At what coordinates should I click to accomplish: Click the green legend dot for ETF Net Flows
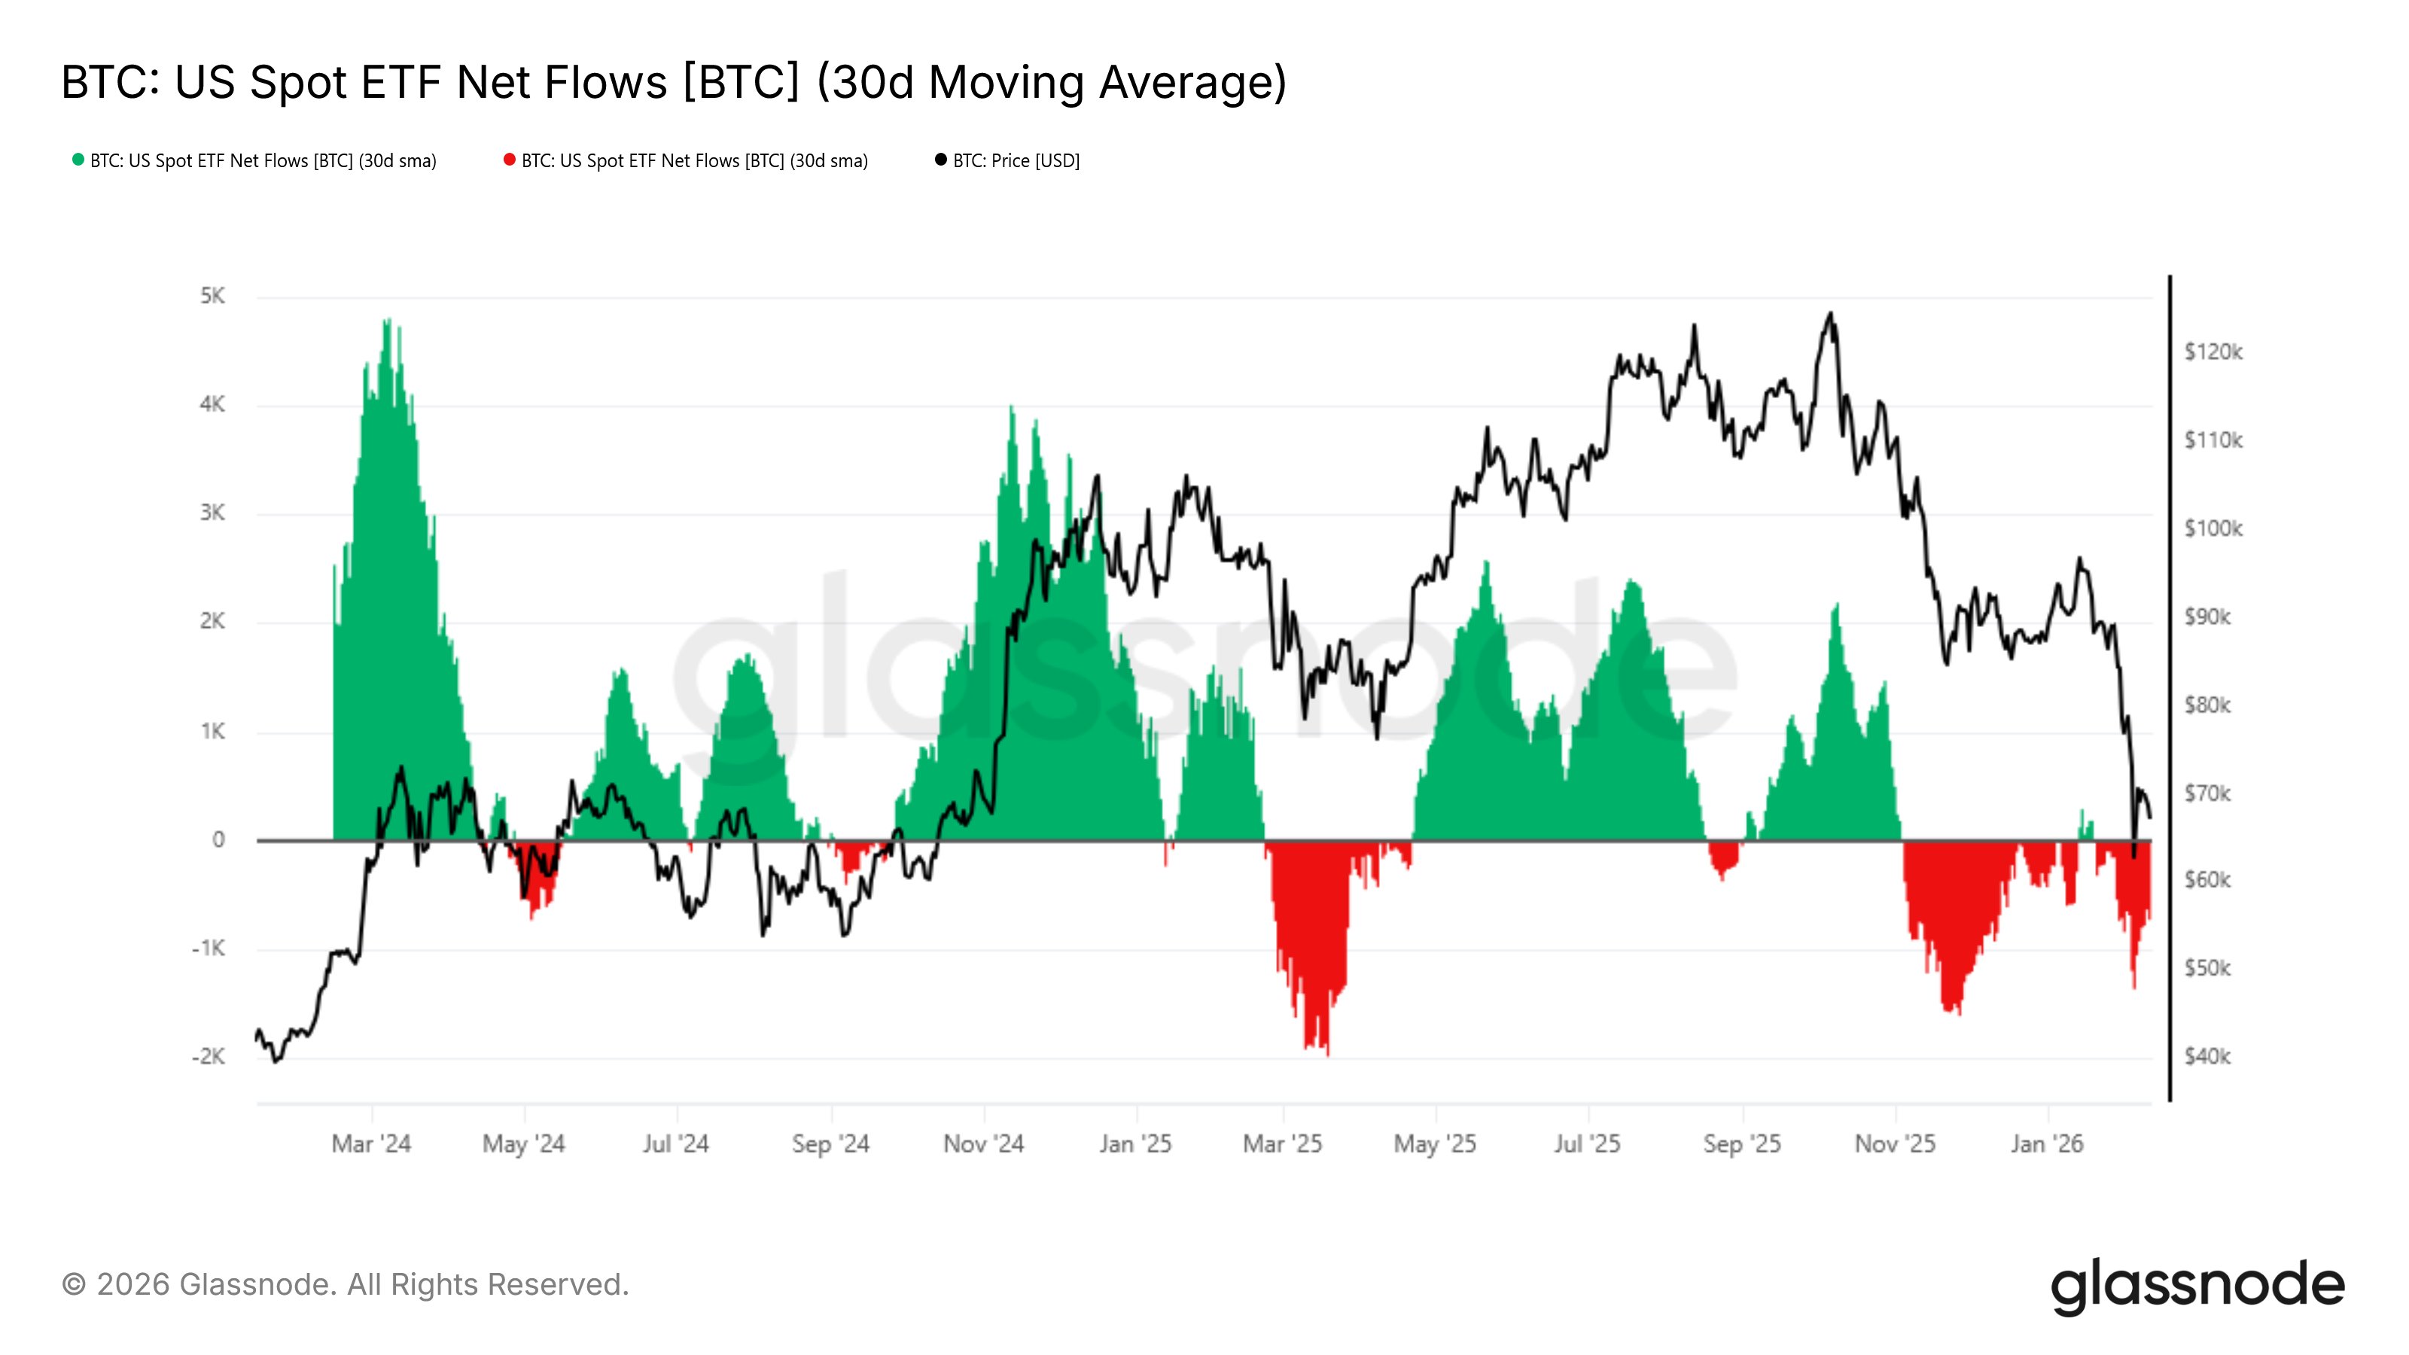pos(78,160)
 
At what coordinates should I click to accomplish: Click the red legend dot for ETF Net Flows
pos(510,160)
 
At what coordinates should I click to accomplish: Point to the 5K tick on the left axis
pos(212,297)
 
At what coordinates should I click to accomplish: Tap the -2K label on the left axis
pos(209,1057)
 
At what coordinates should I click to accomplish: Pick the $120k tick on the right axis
pos(2213,352)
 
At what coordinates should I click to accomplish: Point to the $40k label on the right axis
pos(2207,1057)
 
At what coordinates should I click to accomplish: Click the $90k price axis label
pos(2207,617)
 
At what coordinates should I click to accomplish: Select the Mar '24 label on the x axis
pos(371,1143)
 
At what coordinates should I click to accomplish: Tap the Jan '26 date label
pos(2047,1143)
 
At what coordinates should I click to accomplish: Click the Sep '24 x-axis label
pos(830,1143)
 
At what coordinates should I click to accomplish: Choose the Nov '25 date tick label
pos(1895,1143)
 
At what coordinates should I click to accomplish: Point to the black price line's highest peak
pos(1830,314)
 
